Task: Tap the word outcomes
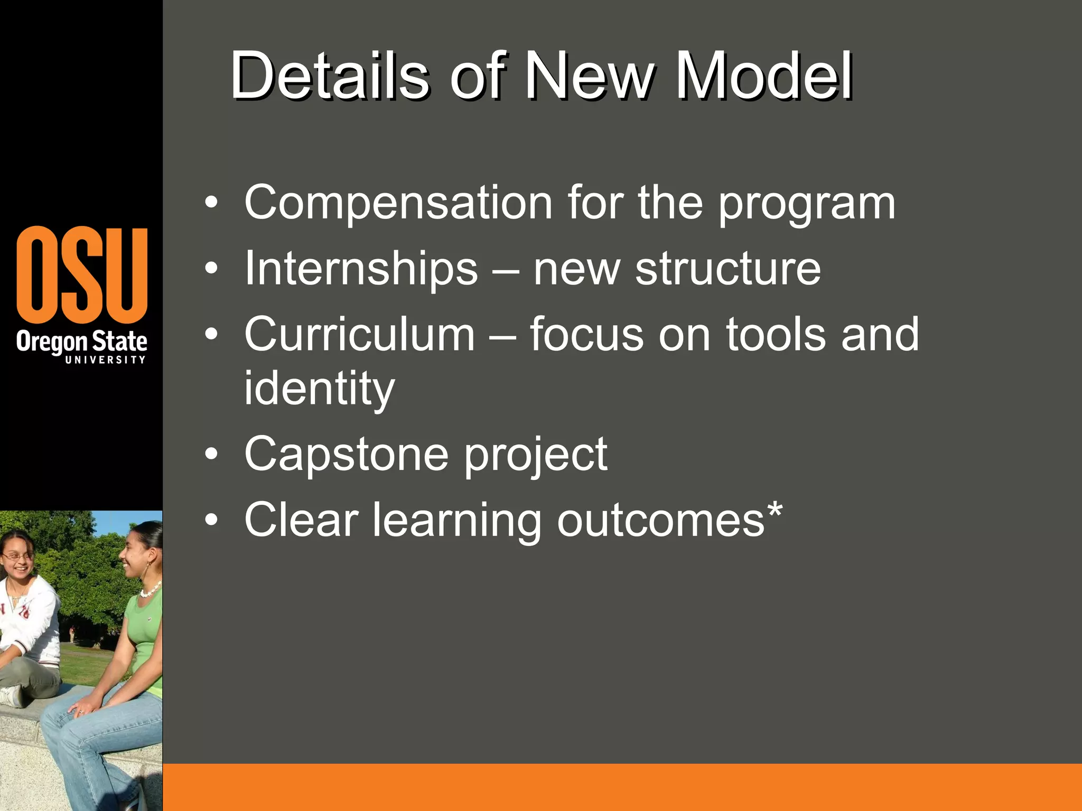(x=661, y=521)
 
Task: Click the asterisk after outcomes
(x=775, y=510)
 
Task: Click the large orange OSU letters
(x=82, y=275)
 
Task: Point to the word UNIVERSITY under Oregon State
(x=105, y=360)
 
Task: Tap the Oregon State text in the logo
(x=81, y=342)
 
